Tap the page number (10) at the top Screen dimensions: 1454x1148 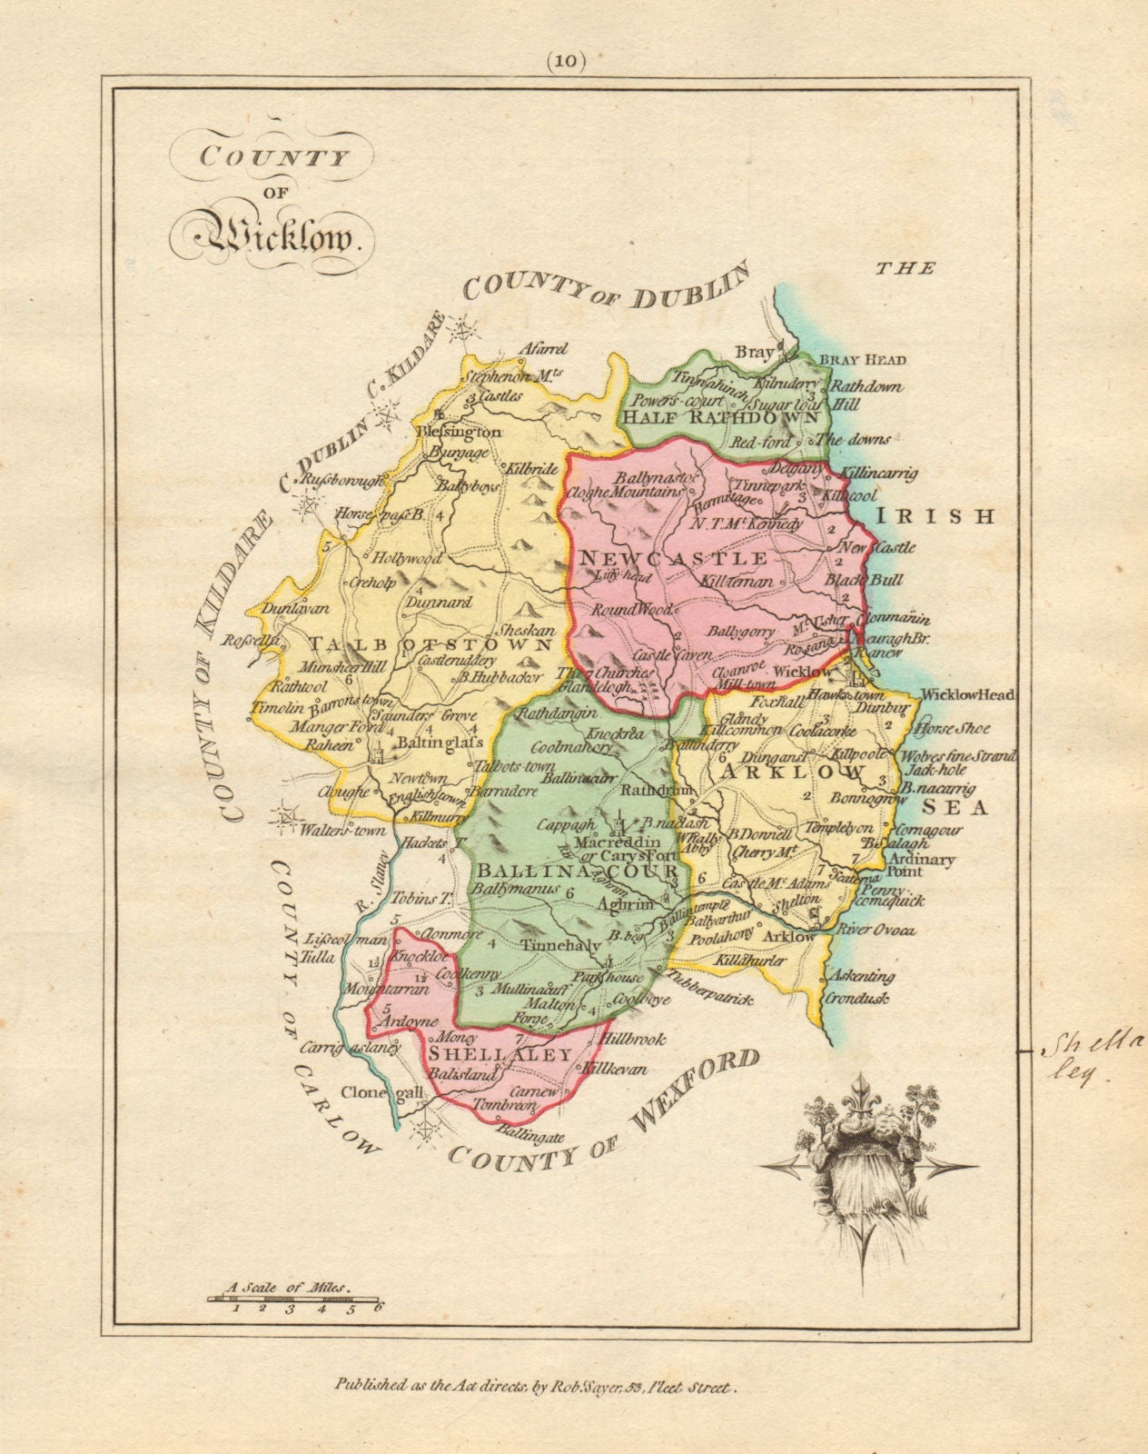(568, 62)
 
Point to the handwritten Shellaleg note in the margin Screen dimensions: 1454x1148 (1081, 1056)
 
